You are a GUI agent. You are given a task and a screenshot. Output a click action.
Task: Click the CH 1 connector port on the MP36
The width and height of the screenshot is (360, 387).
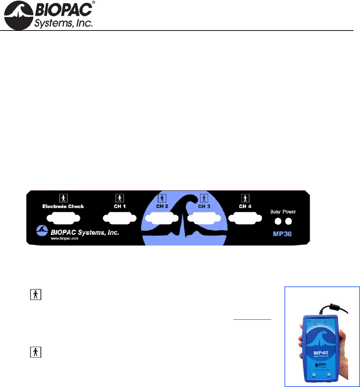[x=119, y=219]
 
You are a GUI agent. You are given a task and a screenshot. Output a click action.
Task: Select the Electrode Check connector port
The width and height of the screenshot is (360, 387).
[x=63, y=219]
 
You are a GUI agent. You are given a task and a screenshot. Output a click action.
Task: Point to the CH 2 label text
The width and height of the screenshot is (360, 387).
[x=162, y=206]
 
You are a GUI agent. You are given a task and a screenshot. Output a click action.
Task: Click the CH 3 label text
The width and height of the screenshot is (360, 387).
[x=204, y=206]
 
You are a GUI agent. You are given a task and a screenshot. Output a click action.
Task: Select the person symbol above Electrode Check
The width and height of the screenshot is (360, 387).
[x=63, y=198]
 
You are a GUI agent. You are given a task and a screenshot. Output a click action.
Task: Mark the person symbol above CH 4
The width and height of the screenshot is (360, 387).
[x=245, y=198]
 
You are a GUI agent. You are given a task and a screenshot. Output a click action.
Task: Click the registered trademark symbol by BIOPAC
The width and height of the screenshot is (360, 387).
[x=93, y=3]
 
